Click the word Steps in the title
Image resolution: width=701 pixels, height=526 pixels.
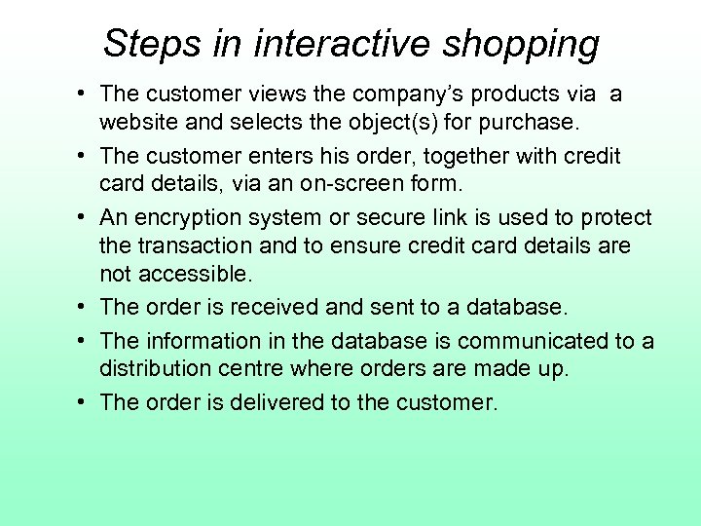[x=144, y=44]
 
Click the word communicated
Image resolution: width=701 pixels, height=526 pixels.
[x=534, y=341]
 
